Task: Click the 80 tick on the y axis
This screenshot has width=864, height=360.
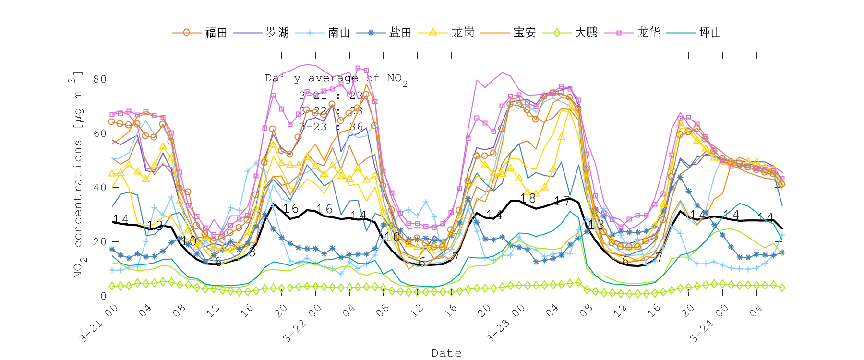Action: (x=100, y=79)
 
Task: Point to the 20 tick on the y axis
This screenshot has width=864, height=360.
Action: (x=100, y=241)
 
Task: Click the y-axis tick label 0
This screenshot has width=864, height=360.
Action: (x=103, y=296)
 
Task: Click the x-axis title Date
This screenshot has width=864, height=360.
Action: (x=446, y=353)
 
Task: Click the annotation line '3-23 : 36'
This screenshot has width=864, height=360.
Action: (x=331, y=127)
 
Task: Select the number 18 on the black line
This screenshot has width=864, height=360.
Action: (x=528, y=198)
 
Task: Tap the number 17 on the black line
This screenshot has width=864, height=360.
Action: (x=562, y=201)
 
